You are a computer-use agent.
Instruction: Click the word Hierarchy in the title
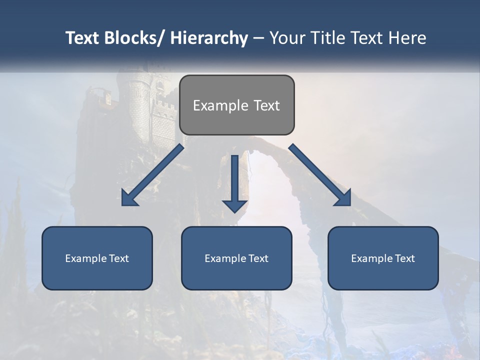pyautogui.click(x=209, y=38)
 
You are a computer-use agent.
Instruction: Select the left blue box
pyautogui.click(x=97, y=258)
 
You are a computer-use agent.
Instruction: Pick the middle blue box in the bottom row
pyautogui.click(x=236, y=258)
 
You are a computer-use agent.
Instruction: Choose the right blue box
pyautogui.click(x=383, y=258)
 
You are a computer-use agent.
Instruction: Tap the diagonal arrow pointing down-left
pyautogui.click(x=152, y=175)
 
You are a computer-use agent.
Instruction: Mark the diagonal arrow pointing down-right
pyautogui.click(x=320, y=175)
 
